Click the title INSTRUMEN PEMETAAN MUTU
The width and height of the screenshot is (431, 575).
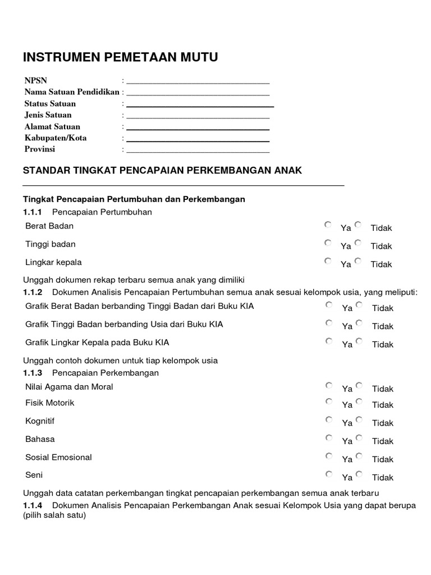120,57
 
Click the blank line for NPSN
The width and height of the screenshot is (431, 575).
198,82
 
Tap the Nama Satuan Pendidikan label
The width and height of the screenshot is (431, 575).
72,92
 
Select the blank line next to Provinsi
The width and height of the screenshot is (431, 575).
198,151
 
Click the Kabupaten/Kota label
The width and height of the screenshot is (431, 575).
56,138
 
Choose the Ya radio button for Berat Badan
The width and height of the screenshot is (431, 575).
328,225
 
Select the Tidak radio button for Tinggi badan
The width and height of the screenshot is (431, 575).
359,243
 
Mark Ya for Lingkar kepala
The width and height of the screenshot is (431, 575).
328,261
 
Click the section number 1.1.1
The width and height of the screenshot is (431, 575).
33,212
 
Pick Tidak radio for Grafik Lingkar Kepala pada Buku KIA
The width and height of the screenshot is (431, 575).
359,341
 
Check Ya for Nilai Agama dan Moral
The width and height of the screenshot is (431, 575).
328,385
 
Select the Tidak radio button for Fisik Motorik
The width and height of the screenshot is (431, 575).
359,401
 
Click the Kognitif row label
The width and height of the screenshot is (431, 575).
40,421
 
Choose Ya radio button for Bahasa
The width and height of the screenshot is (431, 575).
328,437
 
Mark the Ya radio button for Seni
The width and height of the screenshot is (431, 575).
328,474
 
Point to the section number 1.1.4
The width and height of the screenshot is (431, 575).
33,506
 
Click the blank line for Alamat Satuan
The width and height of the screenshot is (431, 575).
198,129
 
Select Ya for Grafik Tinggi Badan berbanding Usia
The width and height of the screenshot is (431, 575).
329,323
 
